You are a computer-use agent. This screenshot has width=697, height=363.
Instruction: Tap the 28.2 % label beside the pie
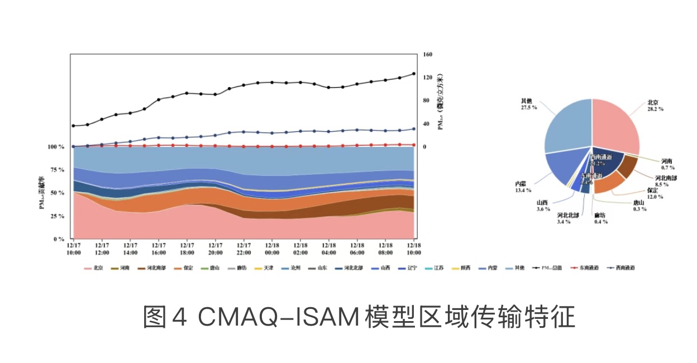point(655,109)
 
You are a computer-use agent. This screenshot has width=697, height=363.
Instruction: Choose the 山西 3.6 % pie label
point(542,206)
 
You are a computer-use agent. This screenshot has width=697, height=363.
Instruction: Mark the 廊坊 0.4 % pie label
point(600,218)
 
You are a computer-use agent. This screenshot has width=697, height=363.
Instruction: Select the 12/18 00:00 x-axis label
point(272,248)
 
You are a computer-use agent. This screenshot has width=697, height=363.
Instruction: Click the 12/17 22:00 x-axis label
point(244,248)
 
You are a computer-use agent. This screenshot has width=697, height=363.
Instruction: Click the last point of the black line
point(414,74)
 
